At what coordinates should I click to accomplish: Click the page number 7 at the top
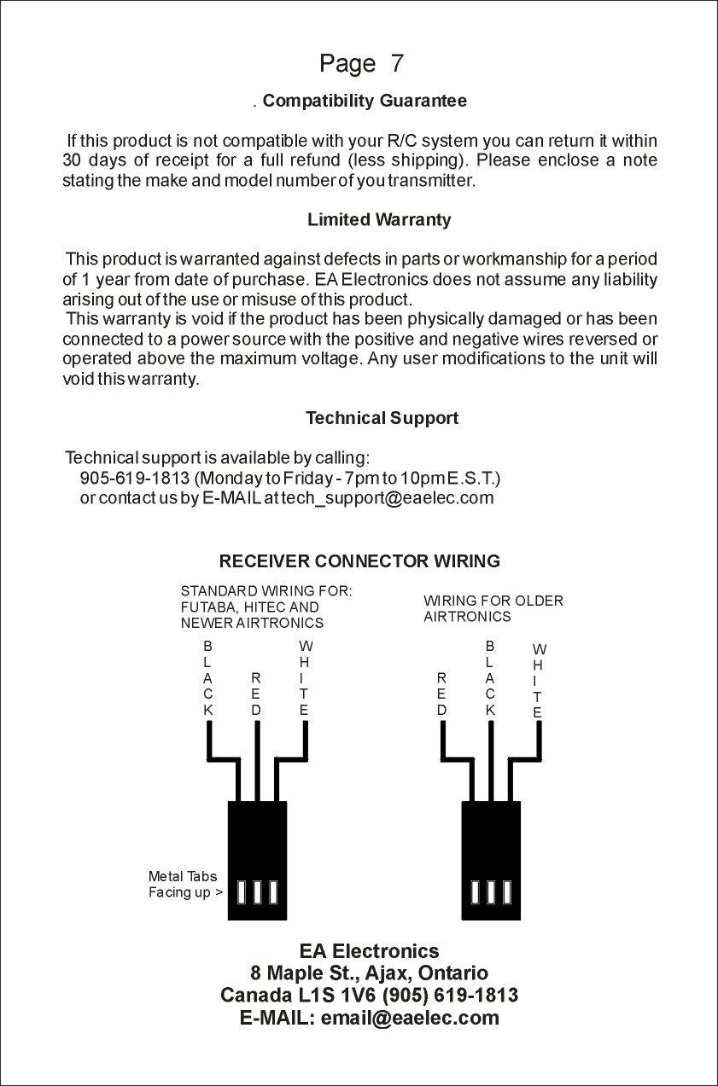coord(397,64)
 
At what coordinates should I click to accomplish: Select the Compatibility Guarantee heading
coord(365,102)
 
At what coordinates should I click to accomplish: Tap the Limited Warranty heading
coord(379,220)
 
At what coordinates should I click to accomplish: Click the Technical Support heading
coord(382,418)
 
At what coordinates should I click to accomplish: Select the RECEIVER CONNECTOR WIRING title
coord(359,561)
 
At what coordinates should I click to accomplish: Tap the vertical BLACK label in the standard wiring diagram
coord(208,678)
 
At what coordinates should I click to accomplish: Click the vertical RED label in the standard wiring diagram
coord(256,694)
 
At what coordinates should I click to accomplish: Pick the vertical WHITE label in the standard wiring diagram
coord(305,678)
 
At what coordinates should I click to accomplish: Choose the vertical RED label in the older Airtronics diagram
coord(441,694)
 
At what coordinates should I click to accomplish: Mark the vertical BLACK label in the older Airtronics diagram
coord(490,678)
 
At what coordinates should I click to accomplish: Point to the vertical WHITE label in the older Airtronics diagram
coord(537,681)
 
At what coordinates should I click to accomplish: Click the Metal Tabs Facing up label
coord(185,885)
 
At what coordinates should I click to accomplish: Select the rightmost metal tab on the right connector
coord(507,891)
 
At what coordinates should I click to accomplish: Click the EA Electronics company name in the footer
coord(369,951)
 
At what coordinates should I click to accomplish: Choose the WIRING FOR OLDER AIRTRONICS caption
coord(493,608)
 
